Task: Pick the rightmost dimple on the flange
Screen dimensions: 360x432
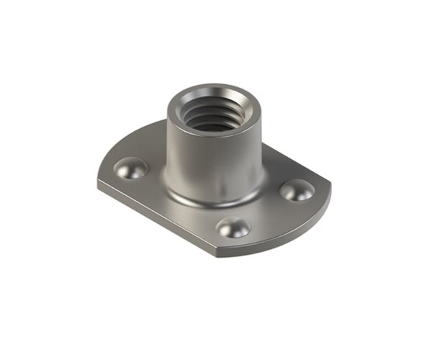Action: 297,190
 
